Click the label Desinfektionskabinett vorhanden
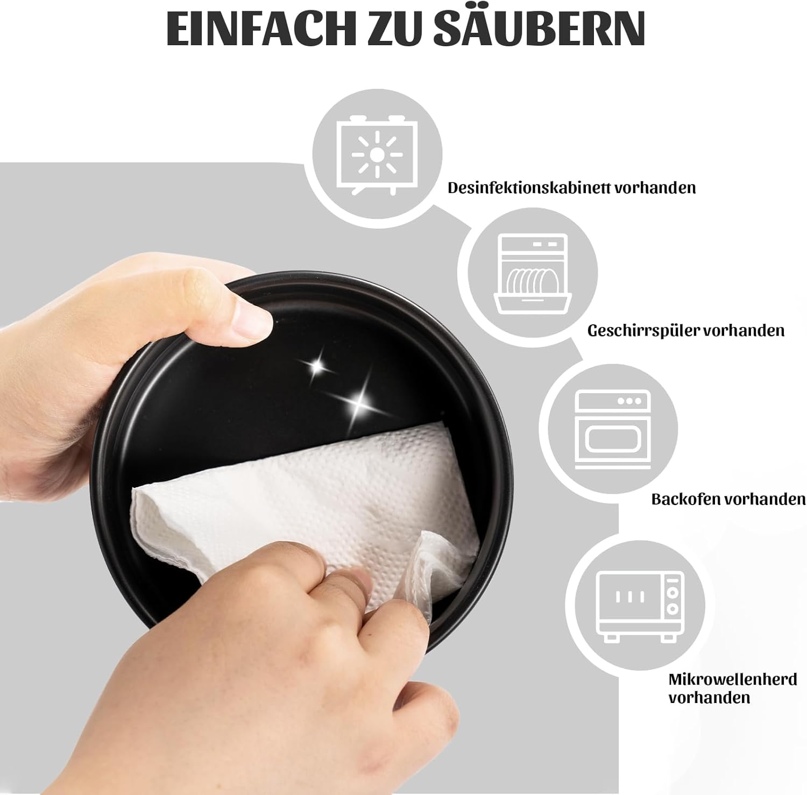tap(571, 188)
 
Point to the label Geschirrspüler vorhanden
tap(686, 330)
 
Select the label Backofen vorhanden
tap(728, 499)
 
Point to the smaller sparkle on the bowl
tap(317, 366)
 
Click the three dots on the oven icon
tap(629, 401)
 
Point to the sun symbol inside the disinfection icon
tap(377, 155)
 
